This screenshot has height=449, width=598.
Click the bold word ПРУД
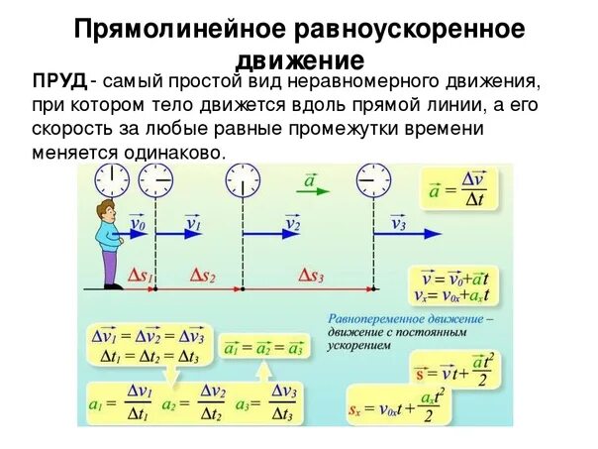tap(58, 80)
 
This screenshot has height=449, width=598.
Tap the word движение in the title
tap(299, 56)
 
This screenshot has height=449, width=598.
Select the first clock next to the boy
tap(112, 181)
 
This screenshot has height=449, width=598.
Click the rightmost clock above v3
tap(374, 181)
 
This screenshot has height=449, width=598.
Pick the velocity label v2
tap(291, 226)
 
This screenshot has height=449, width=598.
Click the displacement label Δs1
tap(142, 278)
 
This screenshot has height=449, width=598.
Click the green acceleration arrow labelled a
tap(310, 184)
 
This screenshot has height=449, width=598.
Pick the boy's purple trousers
tap(110, 266)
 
